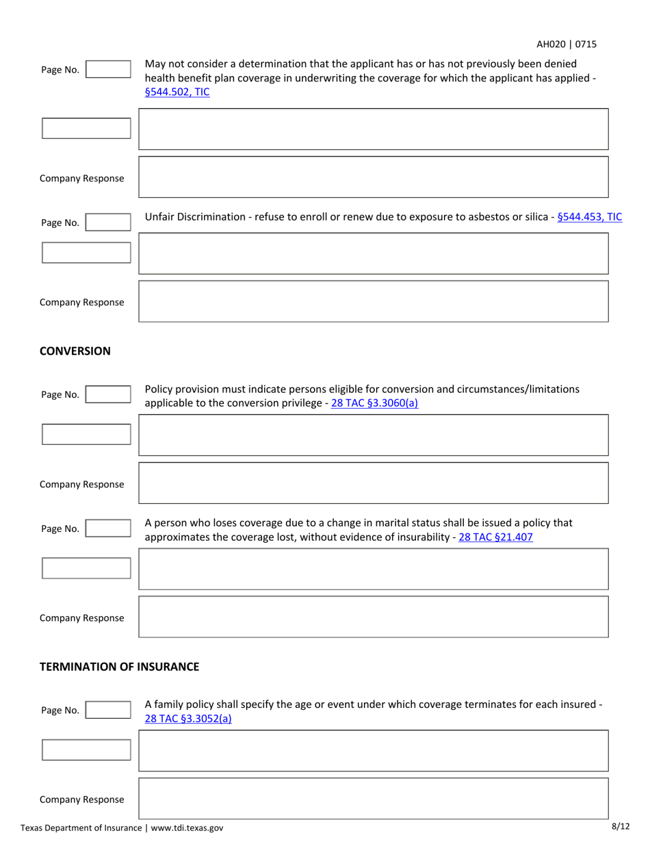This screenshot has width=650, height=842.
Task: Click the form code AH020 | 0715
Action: pyautogui.click(x=566, y=44)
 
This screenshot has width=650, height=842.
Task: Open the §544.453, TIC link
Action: pyautogui.click(x=590, y=217)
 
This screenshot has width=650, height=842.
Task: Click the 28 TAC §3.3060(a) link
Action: pyautogui.click(x=374, y=403)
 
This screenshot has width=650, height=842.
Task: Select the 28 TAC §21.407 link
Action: pyautogui.click(x=495, y=537)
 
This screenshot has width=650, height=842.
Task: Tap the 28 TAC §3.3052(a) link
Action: pyautogui.click(x=188, y=718)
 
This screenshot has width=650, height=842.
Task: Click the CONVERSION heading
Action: pyautogui.click(x=75, y=351)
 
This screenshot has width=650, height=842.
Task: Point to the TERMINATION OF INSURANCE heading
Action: pyautogui.click(x=119, y=666)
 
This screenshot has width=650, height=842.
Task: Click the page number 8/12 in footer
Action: pyautogui.click(x=621, y=826)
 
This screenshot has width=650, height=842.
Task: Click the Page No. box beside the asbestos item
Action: pyautogui.click(x=107, y=222)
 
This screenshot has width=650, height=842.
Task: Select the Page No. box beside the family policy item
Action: pyautogui.click(x=107, y=710)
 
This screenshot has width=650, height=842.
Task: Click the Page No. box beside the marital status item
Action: pyautogui.click(x=107, y=528)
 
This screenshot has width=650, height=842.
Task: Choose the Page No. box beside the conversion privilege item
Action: pyautogui.click(x=107, y=394)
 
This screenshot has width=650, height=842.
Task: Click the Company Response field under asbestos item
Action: pyautogui.click(x=374, y=301)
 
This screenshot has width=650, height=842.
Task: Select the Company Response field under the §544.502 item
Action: pyautogui.click(x=374, y=177)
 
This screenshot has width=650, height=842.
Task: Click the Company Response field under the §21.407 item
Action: pyautogui.click(x=374, y=617)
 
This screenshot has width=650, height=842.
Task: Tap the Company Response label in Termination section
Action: pyautogui.click(x=81, y=799)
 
